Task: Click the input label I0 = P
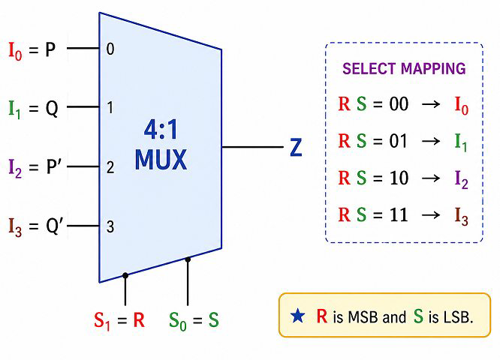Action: coord(32,50)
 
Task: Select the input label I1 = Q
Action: coord(34,109)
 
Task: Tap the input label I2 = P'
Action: coord(33,167)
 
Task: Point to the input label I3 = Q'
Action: coord(34,226)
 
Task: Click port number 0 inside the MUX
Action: coord(110,49)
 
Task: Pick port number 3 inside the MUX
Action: coord(110,226)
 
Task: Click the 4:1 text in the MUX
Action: coord(161,130)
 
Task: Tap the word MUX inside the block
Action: coord(161,159)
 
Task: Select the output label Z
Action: coord(296,147)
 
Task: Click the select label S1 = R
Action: coord(119,320)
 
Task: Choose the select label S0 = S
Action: coord(194,320)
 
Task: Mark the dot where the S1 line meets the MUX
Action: coord(125,275)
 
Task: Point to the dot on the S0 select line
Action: coord(188,259)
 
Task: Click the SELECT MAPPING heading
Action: coord(404,68)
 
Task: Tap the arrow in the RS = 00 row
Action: coord(431,104)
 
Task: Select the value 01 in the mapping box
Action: coord(399,141)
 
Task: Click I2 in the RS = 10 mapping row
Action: coord(461,180)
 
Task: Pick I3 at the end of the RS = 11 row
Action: coord(461,217)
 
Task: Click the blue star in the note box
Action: coord(297,316)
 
